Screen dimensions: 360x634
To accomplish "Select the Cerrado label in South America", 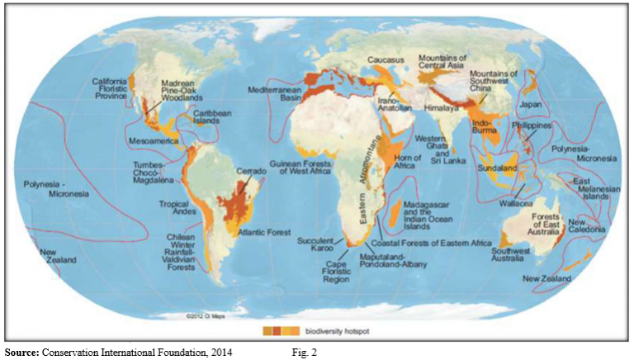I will tap(251, 171).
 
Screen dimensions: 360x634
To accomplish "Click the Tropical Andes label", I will tap(176, 208).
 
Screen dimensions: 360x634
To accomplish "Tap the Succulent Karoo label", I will tap(315, 245).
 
